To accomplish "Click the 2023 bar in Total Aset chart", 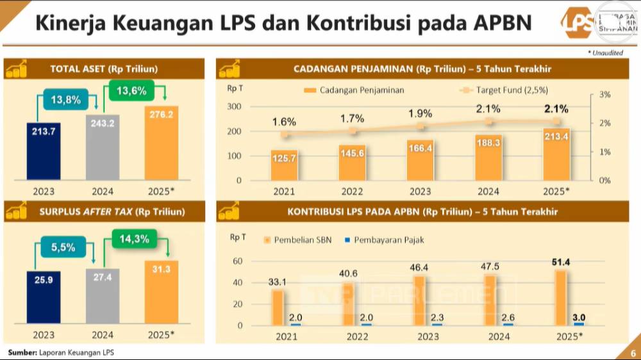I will pos(44,151).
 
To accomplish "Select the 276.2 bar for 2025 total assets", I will pos(162,143).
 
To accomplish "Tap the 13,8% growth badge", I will pos(65,100).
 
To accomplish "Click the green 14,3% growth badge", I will pos(135,239).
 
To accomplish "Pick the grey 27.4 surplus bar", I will pos(103,296).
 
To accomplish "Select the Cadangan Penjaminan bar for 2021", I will pos(284,165).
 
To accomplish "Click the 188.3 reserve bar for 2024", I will pos(488,158).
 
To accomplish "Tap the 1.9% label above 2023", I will pos(420,113).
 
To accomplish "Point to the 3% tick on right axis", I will pos(604,94).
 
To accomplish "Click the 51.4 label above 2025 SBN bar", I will pos(560,262).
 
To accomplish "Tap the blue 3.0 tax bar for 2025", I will pos(579,324).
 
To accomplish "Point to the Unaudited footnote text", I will pos(607,53).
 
